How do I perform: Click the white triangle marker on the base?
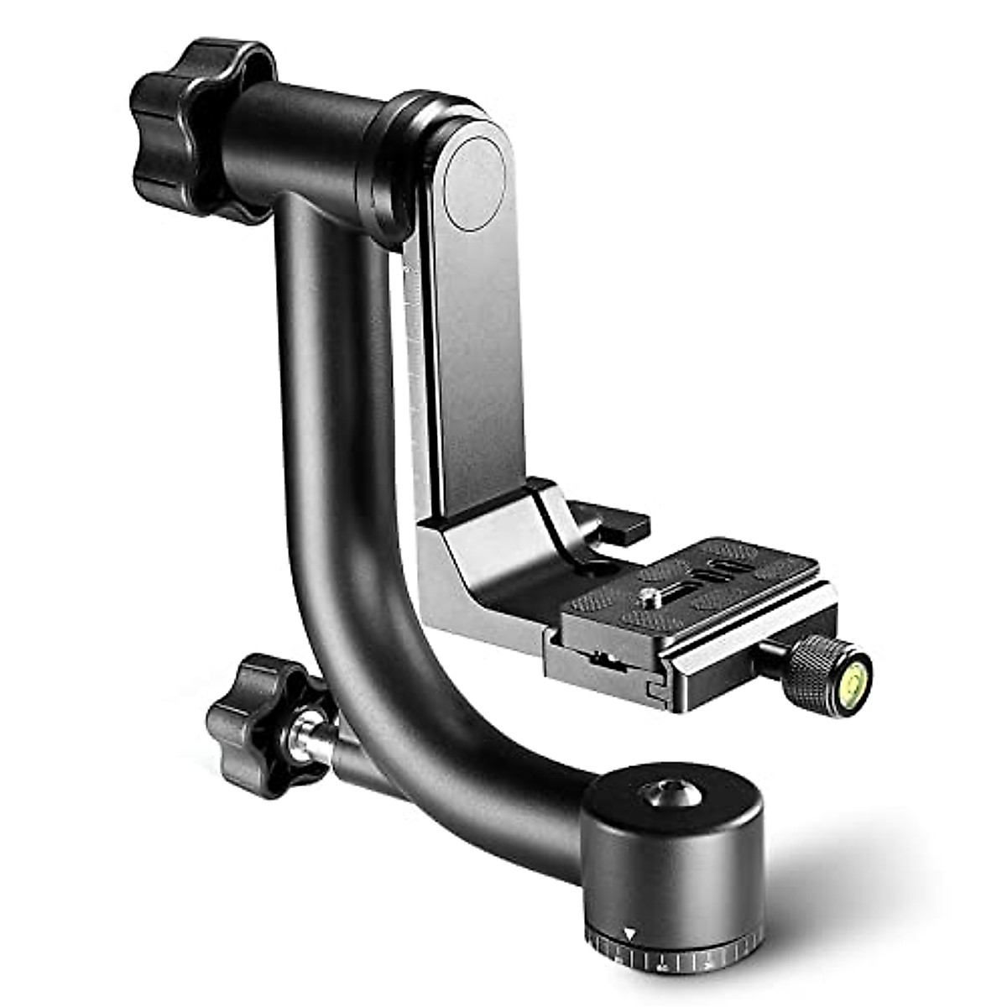tap(630, 908)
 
